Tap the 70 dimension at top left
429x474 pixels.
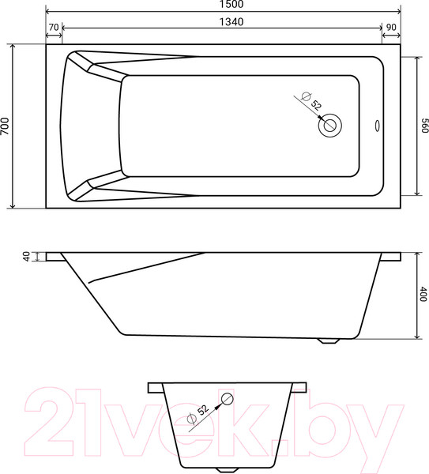coord(54,27)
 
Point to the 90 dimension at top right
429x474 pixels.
coord(389,27)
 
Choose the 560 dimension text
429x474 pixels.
coord(424,126)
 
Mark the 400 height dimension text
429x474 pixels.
coord(423,295)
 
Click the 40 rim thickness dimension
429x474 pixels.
coord(26,256)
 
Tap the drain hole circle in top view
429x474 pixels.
coord(329,124)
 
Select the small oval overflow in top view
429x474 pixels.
coord(376,124)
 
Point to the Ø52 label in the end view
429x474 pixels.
coord(198,412)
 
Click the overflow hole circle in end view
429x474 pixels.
coord(227,399)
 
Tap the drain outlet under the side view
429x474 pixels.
coord(329,340)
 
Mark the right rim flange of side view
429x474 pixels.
coord(390,257)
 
